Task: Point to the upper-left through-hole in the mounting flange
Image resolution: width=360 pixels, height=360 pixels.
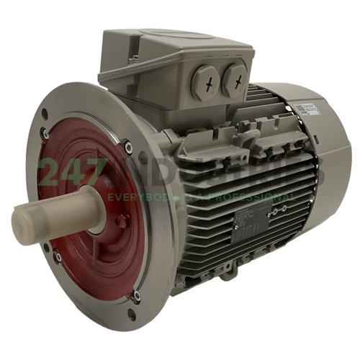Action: click(45, 114)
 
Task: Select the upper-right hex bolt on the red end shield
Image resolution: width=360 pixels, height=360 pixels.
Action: click(128, 149)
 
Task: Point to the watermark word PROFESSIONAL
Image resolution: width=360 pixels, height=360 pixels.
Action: click(256, 197)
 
